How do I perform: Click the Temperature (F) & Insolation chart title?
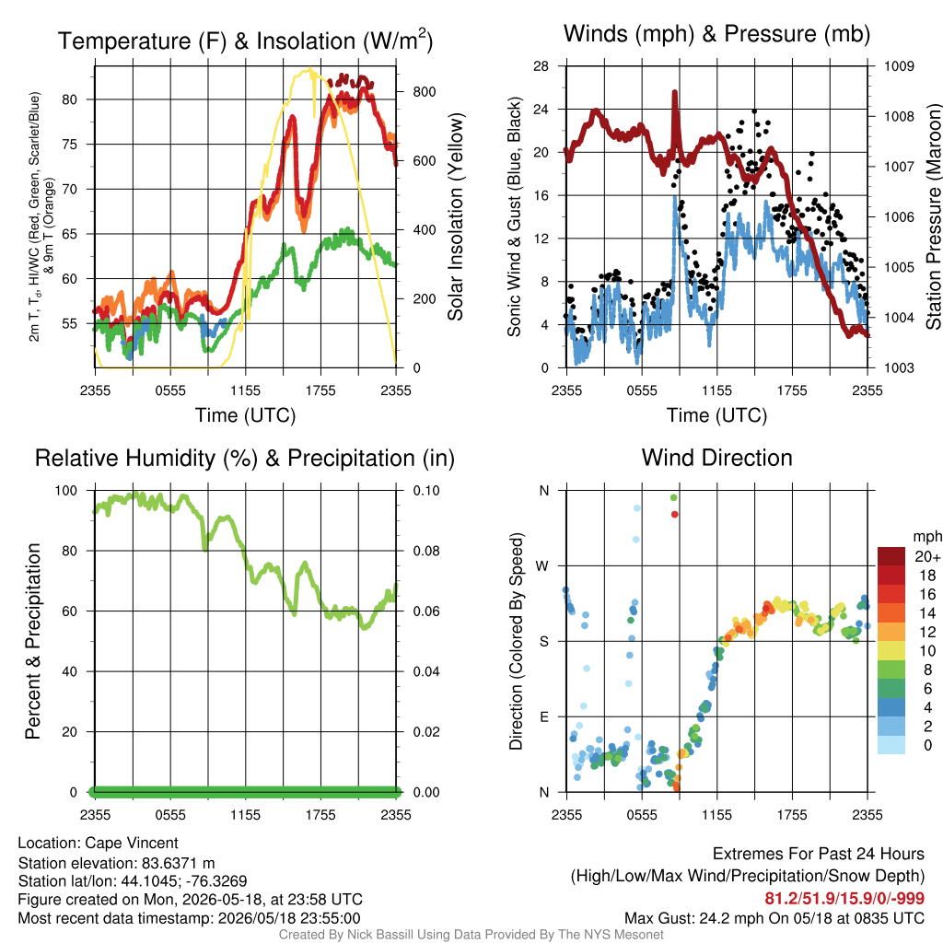click(x=245, y=41)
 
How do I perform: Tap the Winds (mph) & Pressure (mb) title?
click(x=716, y=34)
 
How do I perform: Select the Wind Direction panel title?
click(x=716, y=458)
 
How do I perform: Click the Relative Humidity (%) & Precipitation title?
click(x=245, y=459)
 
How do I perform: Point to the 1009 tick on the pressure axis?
click(x=899, y=65)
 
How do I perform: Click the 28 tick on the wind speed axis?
click(x=541, y=65)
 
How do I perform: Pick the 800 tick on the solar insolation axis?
click(x=424, y=92)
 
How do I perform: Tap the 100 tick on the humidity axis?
click(x=66, y=490)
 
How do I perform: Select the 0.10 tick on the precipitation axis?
click(x=426, y=490)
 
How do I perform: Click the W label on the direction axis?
click(x=542, y=566)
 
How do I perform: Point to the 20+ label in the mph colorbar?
click(x=927, y=556)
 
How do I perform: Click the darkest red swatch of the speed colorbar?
click(x=891, y=556)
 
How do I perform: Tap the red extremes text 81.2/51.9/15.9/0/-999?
click(x=844, y=899)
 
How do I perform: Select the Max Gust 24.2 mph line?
click(x=774, y=918)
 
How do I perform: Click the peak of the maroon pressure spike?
click(x=675, y=92)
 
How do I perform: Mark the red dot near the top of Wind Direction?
click(x=675, y=514)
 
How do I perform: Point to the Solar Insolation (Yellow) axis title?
click(x=455, y=216)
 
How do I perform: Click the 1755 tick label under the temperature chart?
click(x=320, y=390)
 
